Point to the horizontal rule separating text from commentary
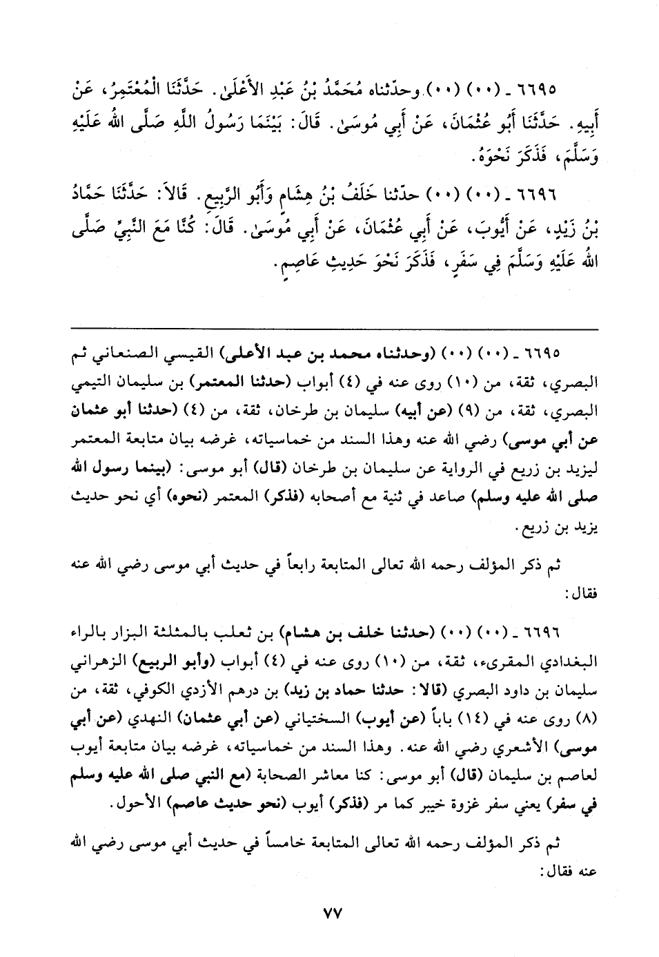tap(332, 328)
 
